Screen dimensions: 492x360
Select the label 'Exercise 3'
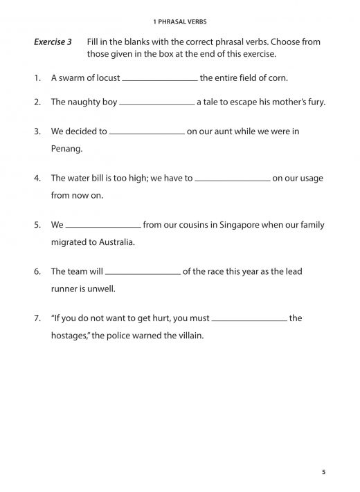[x=53, y=42]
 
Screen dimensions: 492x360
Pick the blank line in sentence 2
[x=157, y=104]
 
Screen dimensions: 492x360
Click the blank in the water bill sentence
[x=233, y=180]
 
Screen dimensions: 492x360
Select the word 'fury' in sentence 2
[x=314, y=102]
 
